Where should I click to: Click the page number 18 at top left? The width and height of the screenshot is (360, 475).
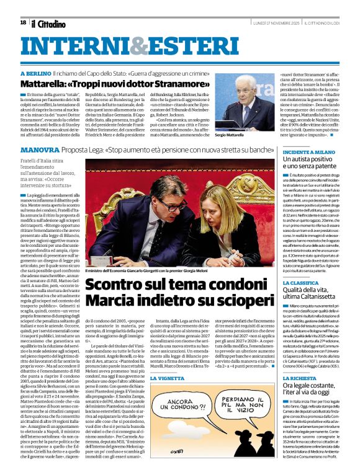tap(23, 23)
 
